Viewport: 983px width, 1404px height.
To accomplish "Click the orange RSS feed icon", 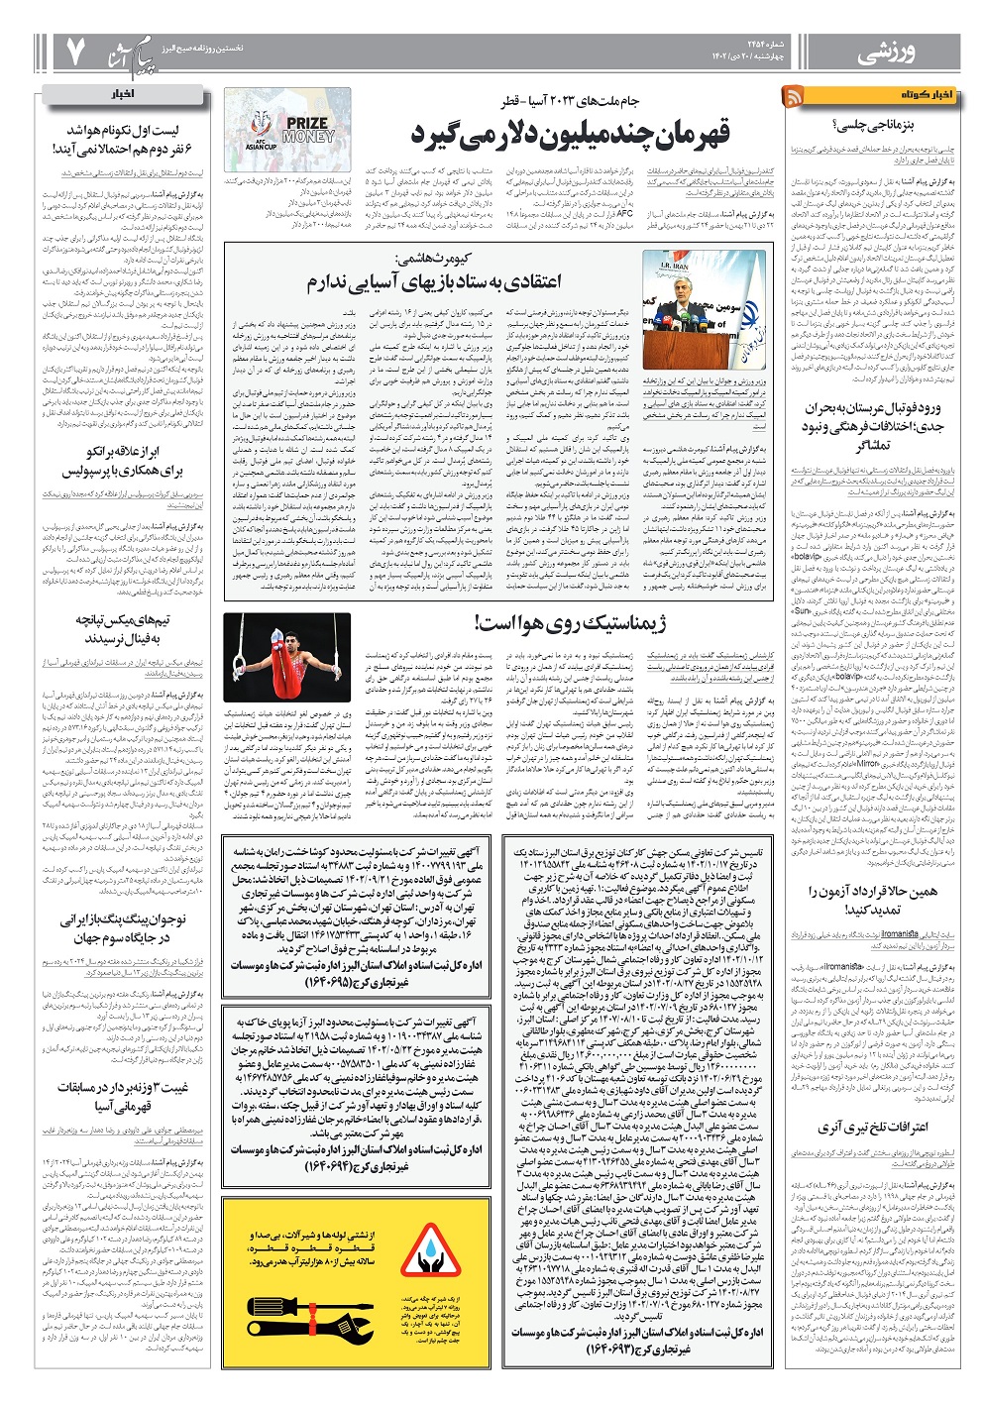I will tap(795, 95).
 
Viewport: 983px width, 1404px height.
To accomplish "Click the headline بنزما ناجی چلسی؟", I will tap(895, 124).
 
